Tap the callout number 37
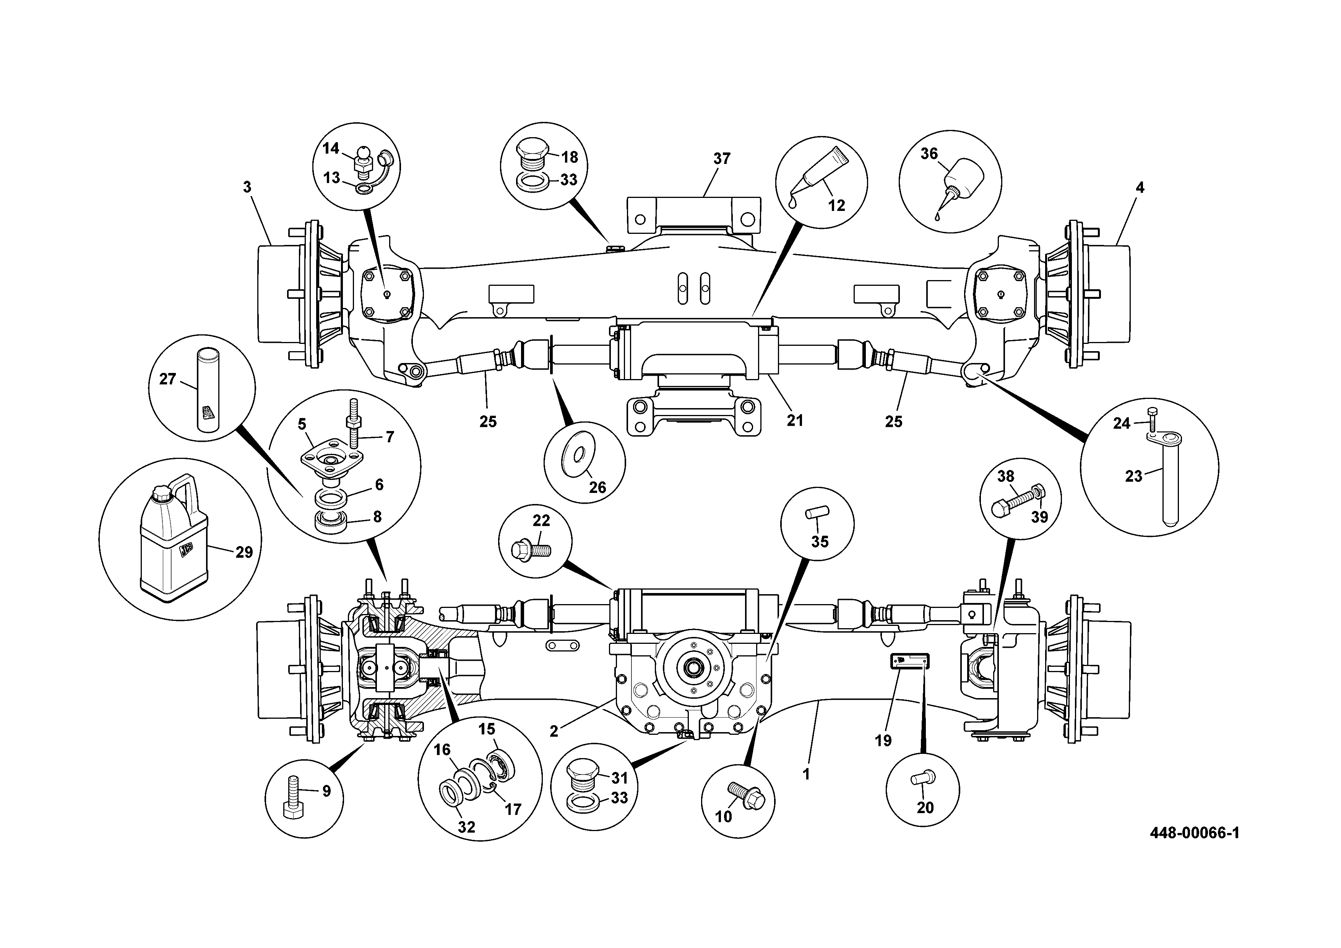point(722,159)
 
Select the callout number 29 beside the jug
point(244,552)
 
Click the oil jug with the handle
point(174,538)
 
